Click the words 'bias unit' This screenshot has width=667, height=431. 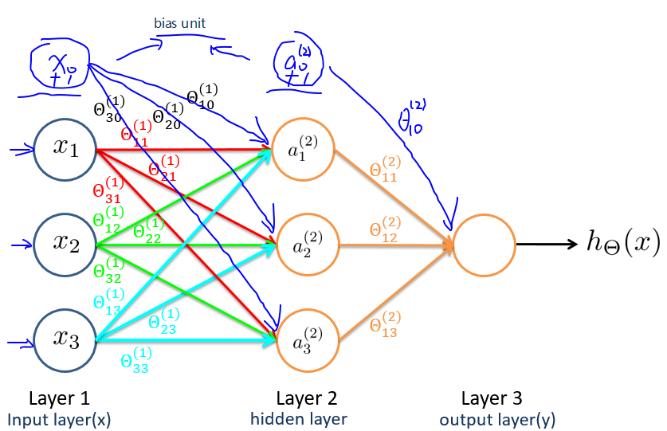179,23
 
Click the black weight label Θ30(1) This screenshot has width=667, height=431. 108,110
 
